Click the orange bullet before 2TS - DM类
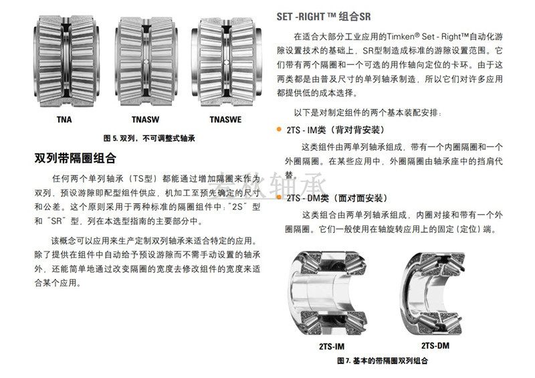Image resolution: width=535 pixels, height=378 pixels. (280, 199)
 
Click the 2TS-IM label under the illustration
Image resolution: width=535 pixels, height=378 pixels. (331, 347)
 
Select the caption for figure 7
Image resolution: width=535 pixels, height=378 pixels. (383, 361)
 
